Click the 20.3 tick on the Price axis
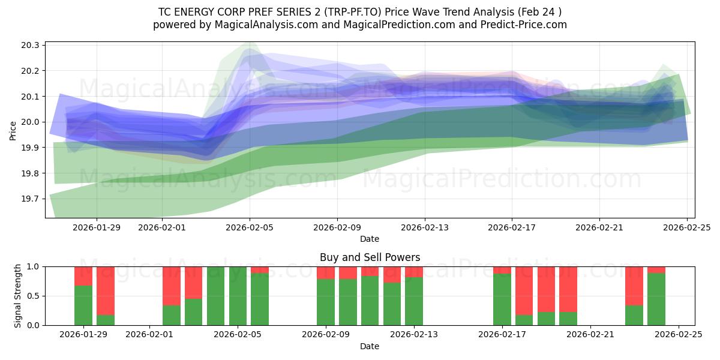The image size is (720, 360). [x=31, y=46]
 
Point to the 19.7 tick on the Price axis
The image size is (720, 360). [x=31, y=199]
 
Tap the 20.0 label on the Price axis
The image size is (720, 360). [x=31, y=122]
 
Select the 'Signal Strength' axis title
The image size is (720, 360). [x=18, y=296]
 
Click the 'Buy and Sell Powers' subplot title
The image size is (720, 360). [x=370, y=257]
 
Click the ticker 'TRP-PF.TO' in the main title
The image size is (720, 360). [x=348, y=12]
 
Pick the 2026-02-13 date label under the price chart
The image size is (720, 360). [x=424, y=227]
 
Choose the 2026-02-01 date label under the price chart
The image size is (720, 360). [x=162, y=227]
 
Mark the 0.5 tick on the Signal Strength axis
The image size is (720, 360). [x=33, y=296]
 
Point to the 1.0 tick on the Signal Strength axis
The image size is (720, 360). [x=33, y=266]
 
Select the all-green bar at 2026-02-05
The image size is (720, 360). [x=238, y=296]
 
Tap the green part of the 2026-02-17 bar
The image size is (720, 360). [x=502, y=299]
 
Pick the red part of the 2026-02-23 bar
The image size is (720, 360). [x=634, y=286]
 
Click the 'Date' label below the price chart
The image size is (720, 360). [x=370, y=239]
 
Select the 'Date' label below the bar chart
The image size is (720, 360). [x=370, y=346]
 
